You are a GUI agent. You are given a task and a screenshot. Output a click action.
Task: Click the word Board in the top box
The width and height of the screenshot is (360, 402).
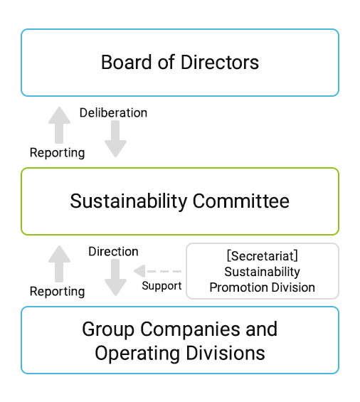pos(127,62)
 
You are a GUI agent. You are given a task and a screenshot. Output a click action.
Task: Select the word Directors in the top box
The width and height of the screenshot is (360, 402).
pos(220,62)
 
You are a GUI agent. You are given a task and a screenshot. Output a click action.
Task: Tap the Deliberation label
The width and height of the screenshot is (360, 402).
pos(113,113)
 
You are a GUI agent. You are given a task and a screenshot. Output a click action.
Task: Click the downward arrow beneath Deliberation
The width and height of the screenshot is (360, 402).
pos(115,139)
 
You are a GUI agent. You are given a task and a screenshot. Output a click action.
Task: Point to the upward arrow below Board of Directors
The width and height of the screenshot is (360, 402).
pos(59,125)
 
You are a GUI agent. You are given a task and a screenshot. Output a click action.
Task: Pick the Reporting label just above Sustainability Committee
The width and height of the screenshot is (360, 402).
pos(57,153)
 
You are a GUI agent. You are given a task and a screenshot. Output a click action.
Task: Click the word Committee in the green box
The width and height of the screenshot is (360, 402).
pos(240,201)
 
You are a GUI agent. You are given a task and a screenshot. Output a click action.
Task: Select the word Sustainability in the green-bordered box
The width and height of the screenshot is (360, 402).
pos(129,201)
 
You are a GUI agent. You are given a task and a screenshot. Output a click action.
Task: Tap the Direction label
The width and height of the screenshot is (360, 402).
pos(113,251)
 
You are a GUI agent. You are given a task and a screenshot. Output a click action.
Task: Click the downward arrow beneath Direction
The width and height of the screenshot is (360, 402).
pos(115,277)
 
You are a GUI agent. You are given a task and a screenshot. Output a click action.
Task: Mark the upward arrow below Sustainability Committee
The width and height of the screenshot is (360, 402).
pos(59,264)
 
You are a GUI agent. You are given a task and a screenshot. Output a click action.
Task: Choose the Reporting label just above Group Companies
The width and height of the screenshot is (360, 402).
pos(57,292)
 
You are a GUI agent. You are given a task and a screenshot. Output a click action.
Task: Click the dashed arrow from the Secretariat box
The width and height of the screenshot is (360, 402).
pos(157,271)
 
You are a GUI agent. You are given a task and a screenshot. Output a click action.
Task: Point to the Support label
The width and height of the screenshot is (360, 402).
pos(162,285)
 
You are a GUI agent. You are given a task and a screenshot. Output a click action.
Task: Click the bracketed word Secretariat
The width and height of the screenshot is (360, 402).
pos(263,256)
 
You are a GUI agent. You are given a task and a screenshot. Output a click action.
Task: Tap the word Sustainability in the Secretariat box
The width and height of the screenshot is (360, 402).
pos(262,272)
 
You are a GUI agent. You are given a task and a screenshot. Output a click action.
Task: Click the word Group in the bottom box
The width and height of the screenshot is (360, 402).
pos(108,329)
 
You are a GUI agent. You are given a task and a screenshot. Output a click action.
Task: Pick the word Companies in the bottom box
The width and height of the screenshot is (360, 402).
pos(191,329)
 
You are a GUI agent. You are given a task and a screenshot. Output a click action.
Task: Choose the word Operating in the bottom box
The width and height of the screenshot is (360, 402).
pos(137,354)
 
